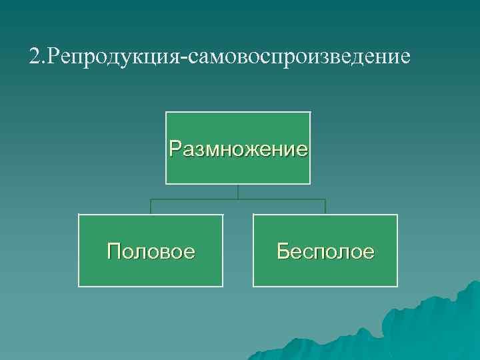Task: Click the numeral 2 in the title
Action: (34, 56)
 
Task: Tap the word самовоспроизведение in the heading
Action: (300, 56)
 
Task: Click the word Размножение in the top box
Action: (238, 147)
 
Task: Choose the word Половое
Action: (151, 251)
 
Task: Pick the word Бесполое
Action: (325, 251)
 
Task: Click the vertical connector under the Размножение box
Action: (238, 191)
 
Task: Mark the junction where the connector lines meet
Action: (238, 199)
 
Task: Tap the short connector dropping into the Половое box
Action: (151, 207)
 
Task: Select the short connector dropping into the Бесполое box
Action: (325, 207)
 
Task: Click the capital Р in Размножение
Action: (175, 147)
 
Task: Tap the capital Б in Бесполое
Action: (283, 251)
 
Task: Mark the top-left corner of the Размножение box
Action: (166, 112)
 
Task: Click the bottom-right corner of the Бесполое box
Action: (397, 287)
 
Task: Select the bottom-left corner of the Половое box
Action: (79, 287)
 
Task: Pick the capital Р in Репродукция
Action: (51, 56)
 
